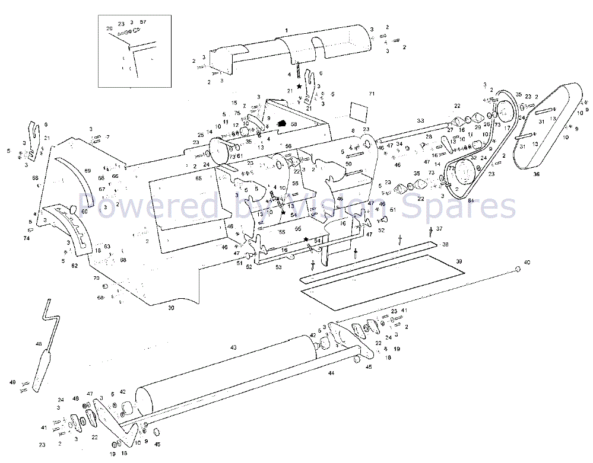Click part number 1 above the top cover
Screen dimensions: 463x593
pos(286,30)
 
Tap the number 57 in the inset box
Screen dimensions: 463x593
pos(143,22)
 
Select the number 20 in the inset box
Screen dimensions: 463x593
pos(109,28)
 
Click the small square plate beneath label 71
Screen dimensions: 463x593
pos(360,111)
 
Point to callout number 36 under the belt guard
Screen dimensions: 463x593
pos(536,174)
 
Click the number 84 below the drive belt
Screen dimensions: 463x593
pos(471,201)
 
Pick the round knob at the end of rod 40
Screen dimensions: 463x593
pos(518,269)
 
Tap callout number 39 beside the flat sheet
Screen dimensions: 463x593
pos(458,261)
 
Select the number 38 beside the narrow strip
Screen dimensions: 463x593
pos(445,244)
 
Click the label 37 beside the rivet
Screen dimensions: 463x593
pos(439,228)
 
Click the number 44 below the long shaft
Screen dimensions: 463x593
pos(331,373)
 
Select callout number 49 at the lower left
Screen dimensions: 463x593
pos(12,382)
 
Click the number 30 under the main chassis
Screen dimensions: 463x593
pos(171,308)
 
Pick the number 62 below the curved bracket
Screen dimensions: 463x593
pos(74,266)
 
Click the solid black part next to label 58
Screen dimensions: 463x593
pos(283,124)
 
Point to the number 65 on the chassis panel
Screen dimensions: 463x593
pos(199,178)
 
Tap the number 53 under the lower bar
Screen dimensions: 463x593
pos(278,268)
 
